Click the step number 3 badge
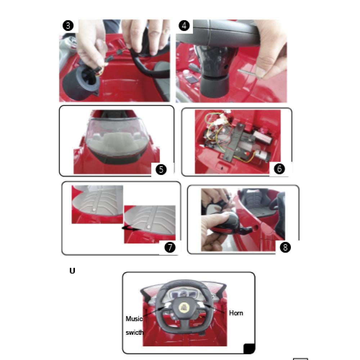(68, 26)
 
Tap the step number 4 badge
(184, 26)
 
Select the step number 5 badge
(161, 170)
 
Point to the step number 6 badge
(279, 169)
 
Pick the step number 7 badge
(170, 247)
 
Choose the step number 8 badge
(285, 247)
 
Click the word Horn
(236, 313)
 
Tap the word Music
(134, 319)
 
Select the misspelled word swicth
(135, 332)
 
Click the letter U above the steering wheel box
(72, 271)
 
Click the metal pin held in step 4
(248, 73)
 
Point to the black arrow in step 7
(130, 228)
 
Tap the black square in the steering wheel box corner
(249, 348)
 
